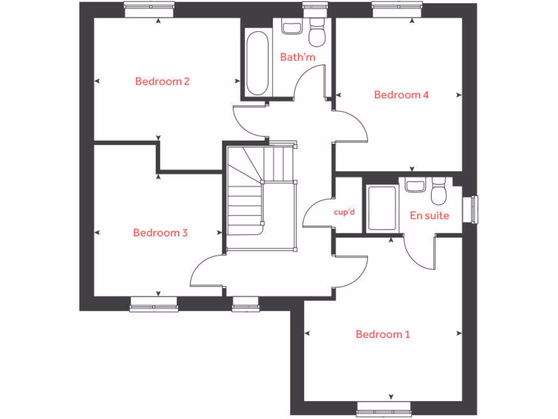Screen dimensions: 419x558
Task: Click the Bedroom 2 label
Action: click(162, 82)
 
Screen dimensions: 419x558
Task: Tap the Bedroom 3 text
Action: click(160, 233)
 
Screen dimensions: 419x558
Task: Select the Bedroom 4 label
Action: click(401, 95)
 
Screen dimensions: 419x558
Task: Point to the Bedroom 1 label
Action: click(383, 334)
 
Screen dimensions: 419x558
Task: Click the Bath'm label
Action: click(298, 57)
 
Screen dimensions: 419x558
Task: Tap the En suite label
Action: click(429, 216)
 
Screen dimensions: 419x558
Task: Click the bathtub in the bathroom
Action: click(256, 63)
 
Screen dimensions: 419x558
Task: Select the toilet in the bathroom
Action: click(316, 33)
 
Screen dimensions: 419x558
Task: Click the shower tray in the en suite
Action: click(382, 208)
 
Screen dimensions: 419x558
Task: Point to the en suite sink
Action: click(415, 185)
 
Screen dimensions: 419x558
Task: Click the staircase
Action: click(260, 196)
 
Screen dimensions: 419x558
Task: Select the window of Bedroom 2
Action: click(149, 7)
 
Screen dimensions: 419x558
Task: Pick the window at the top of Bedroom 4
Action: click(397, 7)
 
